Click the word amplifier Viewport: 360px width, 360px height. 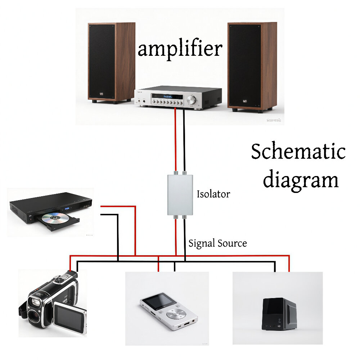point(180,49)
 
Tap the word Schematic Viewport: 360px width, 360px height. point(298,152)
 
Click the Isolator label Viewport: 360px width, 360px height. point(213,194)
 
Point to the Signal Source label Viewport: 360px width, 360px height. point(218,243)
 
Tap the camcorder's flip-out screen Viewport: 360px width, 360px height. point(70,318)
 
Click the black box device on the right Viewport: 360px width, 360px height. point(279,313)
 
